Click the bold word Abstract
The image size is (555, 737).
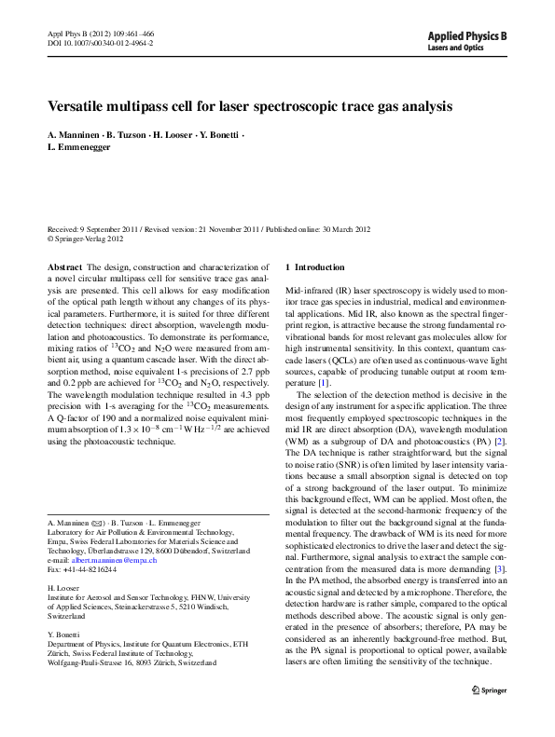point(64,266)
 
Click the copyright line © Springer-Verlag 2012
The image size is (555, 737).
point(90,238)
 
